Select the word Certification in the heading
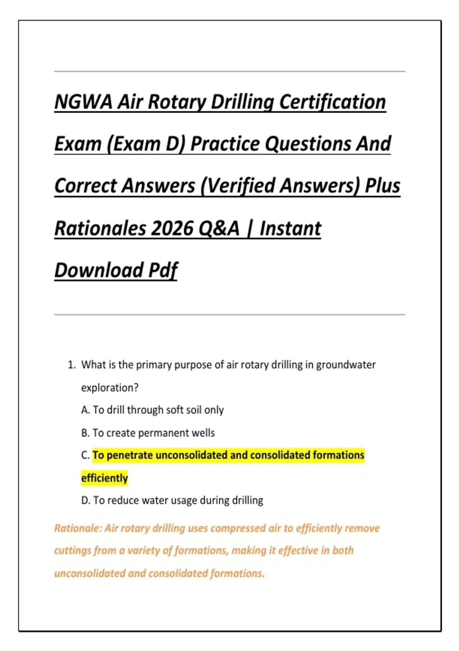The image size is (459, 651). pos(332,102)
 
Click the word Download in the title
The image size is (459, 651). pos(99,270)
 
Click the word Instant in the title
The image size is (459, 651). pos(290,229)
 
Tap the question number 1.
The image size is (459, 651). pos(72,365)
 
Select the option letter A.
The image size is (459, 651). pos(85,410)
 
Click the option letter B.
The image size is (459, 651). pos(85,433)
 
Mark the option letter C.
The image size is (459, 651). pos(85,456)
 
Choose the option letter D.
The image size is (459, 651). pos(85,501)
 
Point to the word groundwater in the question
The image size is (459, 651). pos(346,365)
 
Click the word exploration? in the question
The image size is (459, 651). pos(110,388)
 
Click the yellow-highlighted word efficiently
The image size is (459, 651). pos(104,478)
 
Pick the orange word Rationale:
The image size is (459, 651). pos(78,528)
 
